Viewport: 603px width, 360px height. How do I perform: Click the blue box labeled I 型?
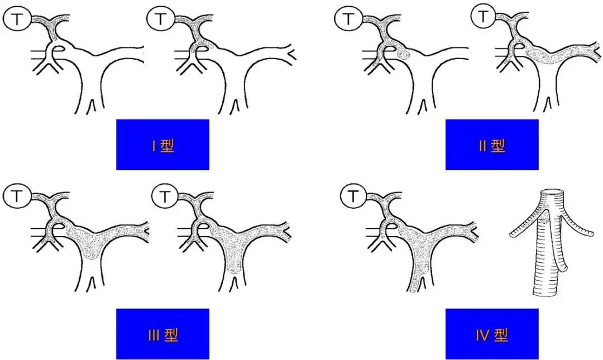pos(162,145)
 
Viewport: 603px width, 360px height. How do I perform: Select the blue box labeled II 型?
pos(492,145)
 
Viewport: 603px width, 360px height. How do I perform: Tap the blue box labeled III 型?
pos(162,334)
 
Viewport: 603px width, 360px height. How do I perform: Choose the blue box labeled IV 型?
pos(492,334)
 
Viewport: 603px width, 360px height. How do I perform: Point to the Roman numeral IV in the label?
pos(482,335)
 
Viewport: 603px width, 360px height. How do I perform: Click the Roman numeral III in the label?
pos(154,335)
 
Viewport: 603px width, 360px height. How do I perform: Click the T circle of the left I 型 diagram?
pos(17,19)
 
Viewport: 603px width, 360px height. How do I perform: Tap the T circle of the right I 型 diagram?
pos(161,19)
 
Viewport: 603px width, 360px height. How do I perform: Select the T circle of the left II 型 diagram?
pos(348,19)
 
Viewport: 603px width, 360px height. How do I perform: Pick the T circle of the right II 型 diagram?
pos(484,16)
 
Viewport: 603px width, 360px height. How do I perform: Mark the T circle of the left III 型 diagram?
pos(17,196)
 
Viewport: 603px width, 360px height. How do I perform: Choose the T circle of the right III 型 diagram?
pos(165,196)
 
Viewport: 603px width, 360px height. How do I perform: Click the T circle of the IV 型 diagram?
pos(353,196)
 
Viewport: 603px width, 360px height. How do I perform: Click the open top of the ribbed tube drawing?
pos(553,191)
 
